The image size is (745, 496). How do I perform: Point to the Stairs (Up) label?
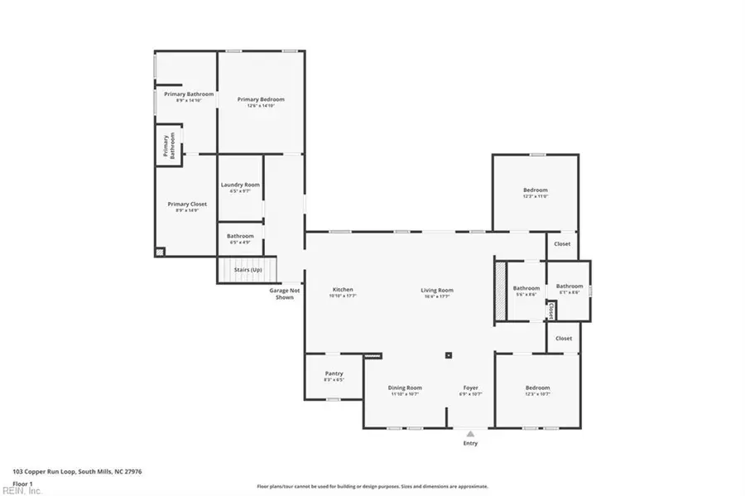tap(248, 270)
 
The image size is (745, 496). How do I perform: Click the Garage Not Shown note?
tap(284, 294)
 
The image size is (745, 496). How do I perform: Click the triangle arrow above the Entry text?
tap(470, 433)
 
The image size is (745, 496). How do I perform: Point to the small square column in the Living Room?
tap(449, 355)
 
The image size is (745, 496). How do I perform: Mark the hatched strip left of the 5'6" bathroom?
tap(499, 289)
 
